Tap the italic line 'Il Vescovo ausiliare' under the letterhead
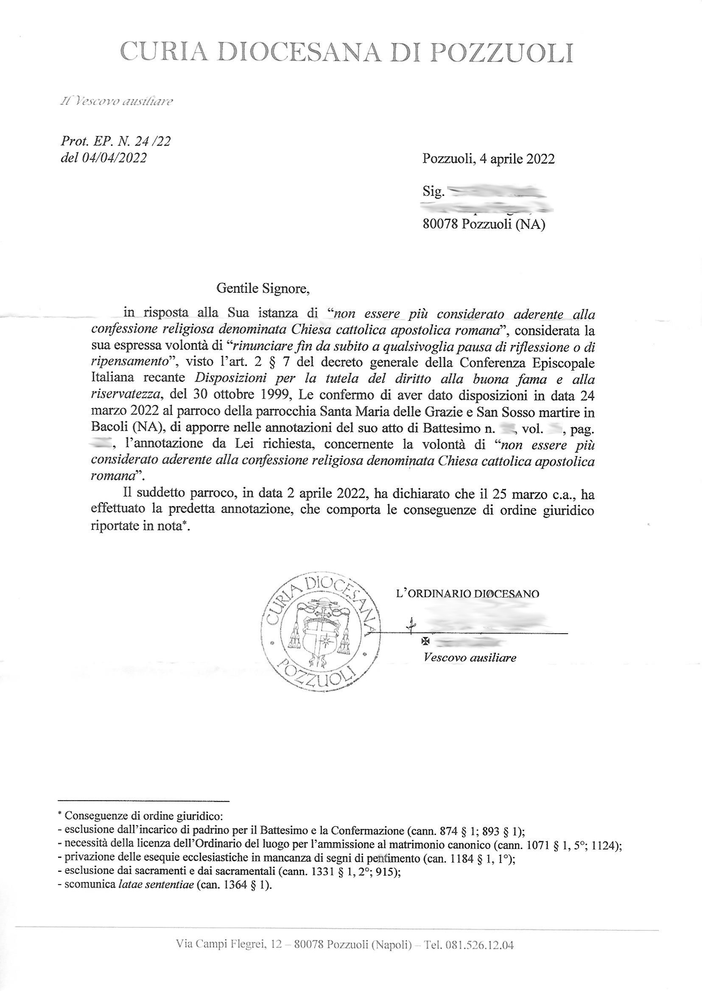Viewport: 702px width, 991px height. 117,102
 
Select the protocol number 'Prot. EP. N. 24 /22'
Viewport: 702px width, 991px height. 116,141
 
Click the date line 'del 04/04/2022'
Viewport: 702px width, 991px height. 104,158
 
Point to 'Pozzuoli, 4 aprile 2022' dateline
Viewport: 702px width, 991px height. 489,159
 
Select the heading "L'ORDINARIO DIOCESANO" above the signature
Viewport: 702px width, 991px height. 468,593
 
